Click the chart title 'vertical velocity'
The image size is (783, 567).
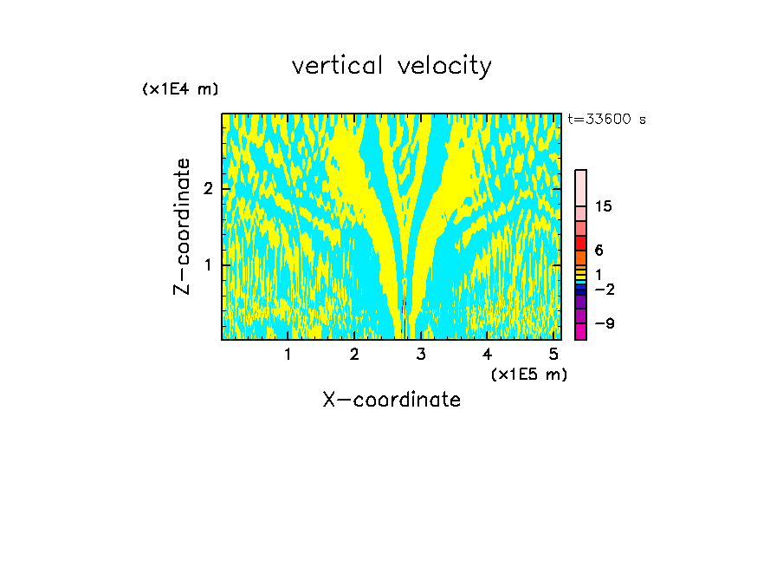pos(391,66)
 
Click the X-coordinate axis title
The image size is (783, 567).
pos(391,400)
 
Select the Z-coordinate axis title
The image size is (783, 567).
pos(182,226)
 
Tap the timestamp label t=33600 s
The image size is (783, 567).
pos(607,120)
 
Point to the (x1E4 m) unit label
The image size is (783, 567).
pos(180,89)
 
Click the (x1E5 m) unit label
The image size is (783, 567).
pos(528,374)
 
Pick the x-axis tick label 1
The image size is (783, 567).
pos(288,354)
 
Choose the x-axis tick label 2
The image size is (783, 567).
pos(354,354)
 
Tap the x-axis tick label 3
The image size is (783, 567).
pos(421,354)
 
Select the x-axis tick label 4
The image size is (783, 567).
pos(488,354)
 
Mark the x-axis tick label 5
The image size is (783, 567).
pos(553,354)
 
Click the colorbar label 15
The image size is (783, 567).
pos(604,206)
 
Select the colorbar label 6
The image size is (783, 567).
pos(599,251)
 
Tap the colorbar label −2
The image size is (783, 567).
pos(604,290)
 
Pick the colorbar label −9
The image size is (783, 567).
pos(604,323)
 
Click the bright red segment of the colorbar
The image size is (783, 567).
pos(580,243)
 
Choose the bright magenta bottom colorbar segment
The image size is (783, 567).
pos(580,331)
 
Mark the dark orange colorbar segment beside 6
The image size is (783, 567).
pos(580,257)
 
